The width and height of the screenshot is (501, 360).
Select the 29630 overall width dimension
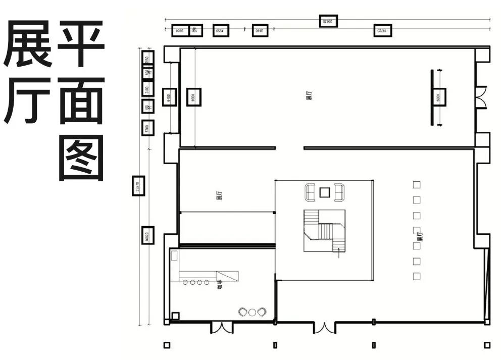(328, 21)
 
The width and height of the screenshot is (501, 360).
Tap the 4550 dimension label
(220, 31)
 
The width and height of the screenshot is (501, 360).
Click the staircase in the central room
(324, 230)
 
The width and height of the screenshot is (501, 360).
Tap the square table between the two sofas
(325, 191)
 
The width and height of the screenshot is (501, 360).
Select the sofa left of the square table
(310, 191)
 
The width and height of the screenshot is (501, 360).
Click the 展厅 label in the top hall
(308, 96)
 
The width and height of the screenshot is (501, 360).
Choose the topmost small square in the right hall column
(417, 185)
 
